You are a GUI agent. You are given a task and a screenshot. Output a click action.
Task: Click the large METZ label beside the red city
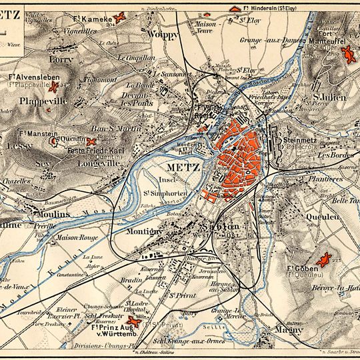pos(181,166)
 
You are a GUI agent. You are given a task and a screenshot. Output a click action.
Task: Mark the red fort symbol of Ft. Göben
pos(325,259)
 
